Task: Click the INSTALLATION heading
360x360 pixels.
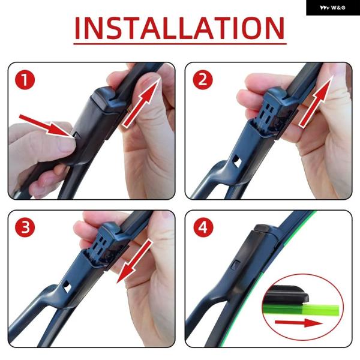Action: coord(179,28)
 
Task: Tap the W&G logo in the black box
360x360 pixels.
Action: coord(332,8)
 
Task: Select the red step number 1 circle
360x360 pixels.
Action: coord(25,80)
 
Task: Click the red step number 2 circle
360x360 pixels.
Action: coord(203,80)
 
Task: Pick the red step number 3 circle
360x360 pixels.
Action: coord(25,227)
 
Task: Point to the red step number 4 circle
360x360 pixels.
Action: coord(203,227)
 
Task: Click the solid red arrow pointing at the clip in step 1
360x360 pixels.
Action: coord(46,126)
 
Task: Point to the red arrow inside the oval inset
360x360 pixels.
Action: coord(299,323)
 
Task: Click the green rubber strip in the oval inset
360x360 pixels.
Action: coord(301,310)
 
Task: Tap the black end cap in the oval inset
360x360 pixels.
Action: coord(286,295)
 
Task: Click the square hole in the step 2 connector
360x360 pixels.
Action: coord(236,161)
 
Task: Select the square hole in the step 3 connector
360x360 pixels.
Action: coord(67,286)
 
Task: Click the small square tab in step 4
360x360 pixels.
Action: coord(236,265)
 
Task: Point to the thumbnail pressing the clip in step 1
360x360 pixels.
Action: coord(67,145)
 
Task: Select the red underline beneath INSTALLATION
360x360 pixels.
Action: coord(180,43)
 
